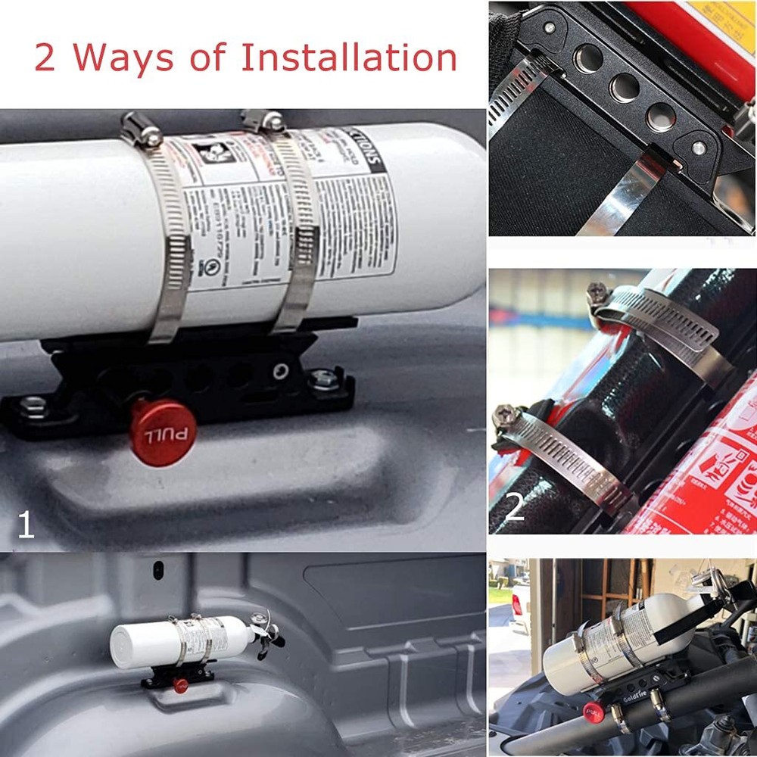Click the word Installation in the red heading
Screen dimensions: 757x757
[x=349, y=58]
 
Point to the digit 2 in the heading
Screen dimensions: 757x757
[x=45, y=58]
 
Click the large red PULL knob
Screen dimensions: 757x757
[x=163, y=432]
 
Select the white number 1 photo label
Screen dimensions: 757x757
[x=26, y=525]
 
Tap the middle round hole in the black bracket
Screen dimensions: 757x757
[x=625, y=88]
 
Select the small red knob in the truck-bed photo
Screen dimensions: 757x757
[x=180, y=686]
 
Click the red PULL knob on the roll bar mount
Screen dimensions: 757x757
[x=593, y=712]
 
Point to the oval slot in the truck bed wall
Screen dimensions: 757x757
[x=158, y=569]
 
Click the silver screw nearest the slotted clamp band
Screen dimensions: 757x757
[x=549, y=28]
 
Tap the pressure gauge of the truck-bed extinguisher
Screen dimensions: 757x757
[x=260, y=618]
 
